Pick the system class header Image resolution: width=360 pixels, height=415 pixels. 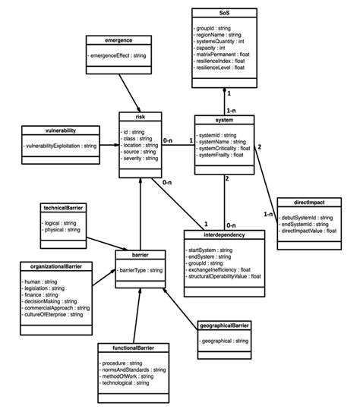click(x=224, y=120)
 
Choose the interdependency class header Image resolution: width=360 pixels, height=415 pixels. click(x=224, y=236)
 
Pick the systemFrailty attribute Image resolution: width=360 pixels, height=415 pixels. click(x=223, y=156)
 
